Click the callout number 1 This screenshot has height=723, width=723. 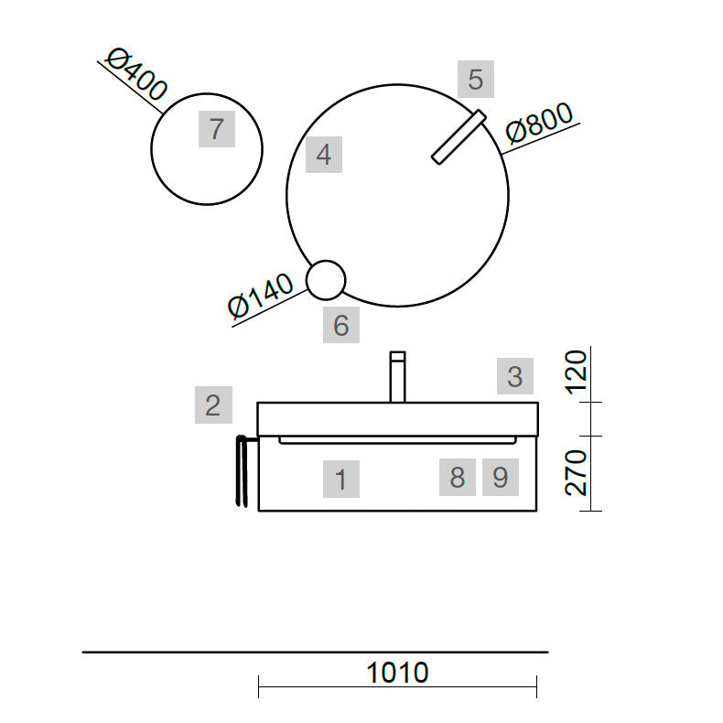pyautogui.click(x=340, y=479)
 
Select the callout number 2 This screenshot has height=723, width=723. pyautogui.click(x=213, y=405)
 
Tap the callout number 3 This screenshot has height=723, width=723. pyautogui.click(x=515, y=376)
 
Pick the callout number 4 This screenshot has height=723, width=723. pyautogui.click(x=324, y=155)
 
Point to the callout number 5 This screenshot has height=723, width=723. pyautogui.click(x=476, y=79)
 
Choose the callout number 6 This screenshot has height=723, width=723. pyautogui.click(x=341, y=325)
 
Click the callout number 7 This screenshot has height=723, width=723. pyautogui.click(x=217, y=129)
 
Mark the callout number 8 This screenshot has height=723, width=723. pyautogui.click(x=458, y=477)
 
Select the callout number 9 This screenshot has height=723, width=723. pyautogui.click(x=501, y=477)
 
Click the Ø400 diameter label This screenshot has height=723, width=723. pyautogui.click(x=136, y=74)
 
